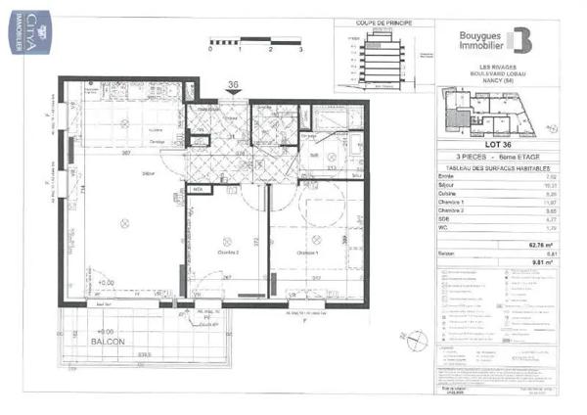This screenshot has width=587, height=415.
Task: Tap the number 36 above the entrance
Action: click(x=234, y=84)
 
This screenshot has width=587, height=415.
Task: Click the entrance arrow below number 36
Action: click(x=234, y=96)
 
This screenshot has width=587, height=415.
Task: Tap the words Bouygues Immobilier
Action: click(x=468, y=37)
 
